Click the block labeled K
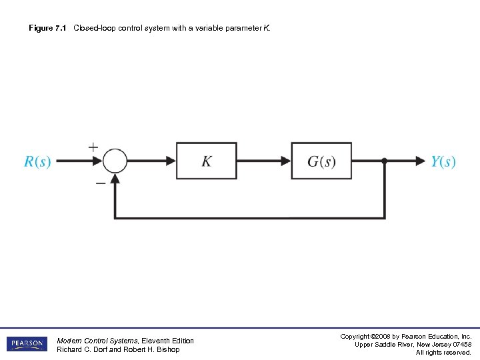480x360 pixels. click(x=207, y=161)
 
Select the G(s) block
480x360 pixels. click(x=321, y=161)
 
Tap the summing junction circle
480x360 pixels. click(x=115, y=161)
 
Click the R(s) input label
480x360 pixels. click(x=37, y=161)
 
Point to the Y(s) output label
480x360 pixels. click(x=443, y=161)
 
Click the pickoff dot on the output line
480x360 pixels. click(x=385, y=161)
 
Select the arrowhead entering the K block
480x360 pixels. click(x=171, y=161)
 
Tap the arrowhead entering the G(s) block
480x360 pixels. click(x=286, y=161)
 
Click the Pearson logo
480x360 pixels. click(x=27, y=344)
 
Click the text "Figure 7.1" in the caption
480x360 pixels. click(x=47, y=28)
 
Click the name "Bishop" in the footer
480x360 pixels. click(x=167, y=349)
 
